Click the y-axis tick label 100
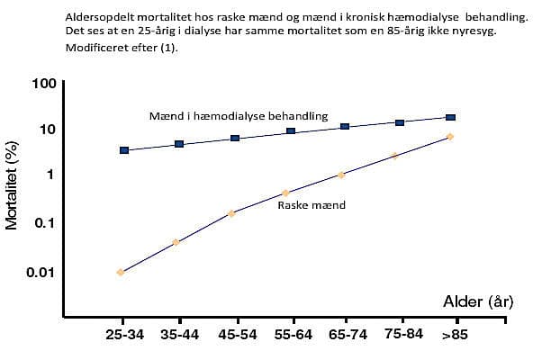point(45,84)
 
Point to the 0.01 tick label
point(41,272)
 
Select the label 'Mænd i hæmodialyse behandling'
point(238,116)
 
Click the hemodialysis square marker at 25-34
point(124,150)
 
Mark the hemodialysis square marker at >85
point(451,117)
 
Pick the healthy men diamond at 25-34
point(121,272)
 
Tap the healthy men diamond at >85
point(450,137)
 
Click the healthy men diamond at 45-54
point(231,213)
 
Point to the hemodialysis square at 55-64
point(291,131)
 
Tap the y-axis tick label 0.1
point(47,222)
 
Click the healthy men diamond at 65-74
point(341,175)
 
